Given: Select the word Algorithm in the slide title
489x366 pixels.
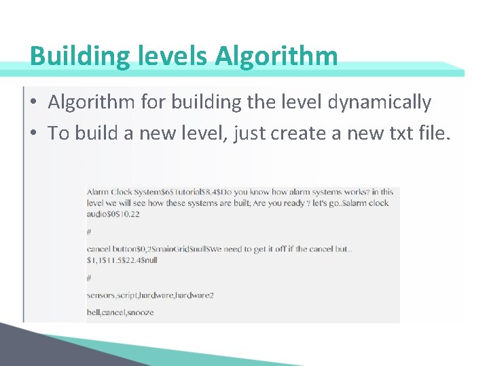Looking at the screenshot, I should [x=276, y=56].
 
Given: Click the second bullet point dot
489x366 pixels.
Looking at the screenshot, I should [x=33, y=134].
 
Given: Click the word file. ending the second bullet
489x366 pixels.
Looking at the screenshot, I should [x=433, y=134].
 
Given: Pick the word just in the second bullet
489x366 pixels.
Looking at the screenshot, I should [x=249, y=134].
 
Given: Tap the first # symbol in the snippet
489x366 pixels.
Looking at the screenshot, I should [x=89, y=232].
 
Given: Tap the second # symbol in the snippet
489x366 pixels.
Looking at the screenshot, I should [x=89, y=278].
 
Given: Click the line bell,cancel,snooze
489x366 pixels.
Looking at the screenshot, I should [x=120, y=312].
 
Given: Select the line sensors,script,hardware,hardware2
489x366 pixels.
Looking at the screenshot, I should [x=150, y=296].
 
